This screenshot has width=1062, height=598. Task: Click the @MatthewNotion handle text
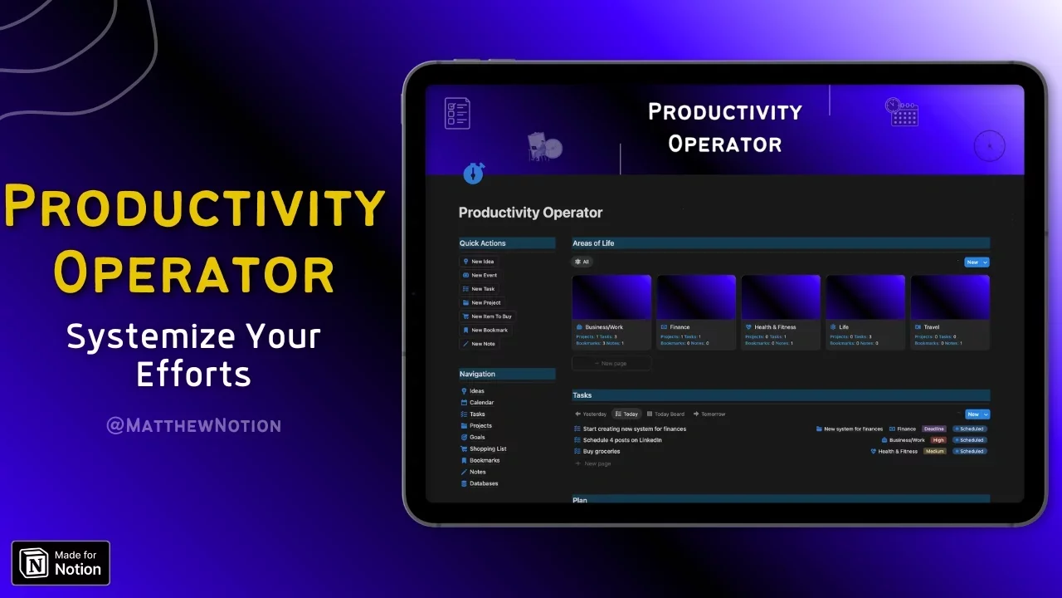pos(193,425)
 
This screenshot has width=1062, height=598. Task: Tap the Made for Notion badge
pos(61,563)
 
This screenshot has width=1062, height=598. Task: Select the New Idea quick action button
pos(479,262)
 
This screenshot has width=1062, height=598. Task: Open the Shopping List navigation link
pos(487,448)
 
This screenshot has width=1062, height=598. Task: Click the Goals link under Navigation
pos(477,437)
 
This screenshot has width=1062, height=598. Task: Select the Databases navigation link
pos(484,483)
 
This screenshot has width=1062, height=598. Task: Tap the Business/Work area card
pos(611,311)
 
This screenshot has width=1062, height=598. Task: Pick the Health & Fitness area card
pos(781,311)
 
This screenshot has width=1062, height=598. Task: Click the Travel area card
pos(950,311)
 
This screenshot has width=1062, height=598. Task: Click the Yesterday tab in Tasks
pos(591,414)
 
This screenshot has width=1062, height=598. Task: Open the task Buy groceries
pos(601,452)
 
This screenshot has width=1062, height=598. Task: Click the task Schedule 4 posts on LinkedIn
pos(621,440)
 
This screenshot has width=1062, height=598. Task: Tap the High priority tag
pos(938,440)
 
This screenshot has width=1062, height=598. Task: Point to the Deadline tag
pos(933,429)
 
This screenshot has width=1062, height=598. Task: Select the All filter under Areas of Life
pos(582,262)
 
